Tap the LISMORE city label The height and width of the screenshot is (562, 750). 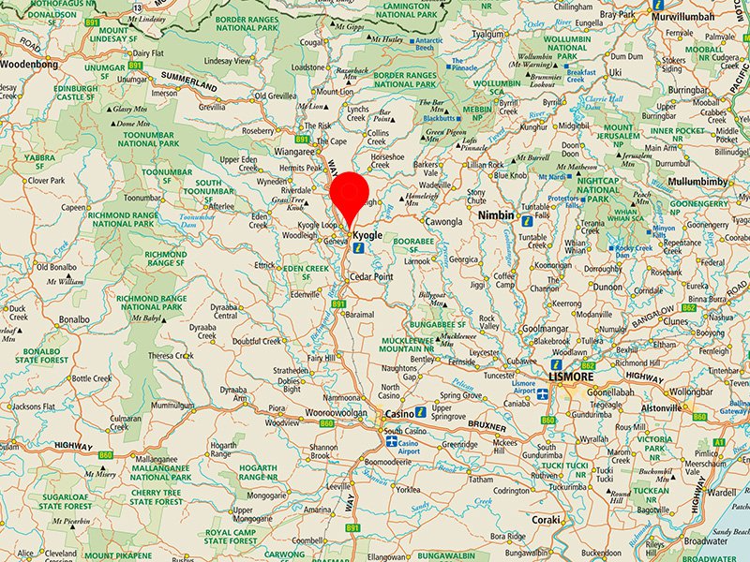pyautogui.click(x=570, y=377)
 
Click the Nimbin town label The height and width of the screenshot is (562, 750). pyautogui.click(x=496, y=215)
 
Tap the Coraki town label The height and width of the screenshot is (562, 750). pyautogui.click(x=545, y=519)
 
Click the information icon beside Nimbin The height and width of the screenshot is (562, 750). pyautogui.click(x=527, y=221)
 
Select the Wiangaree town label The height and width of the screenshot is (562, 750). pyautogui.click(x=294, y=150)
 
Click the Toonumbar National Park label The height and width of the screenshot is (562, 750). pyautogui.click(x=150, y=139)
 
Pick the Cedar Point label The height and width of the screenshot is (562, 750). pyautogui.click(x=370, y=277)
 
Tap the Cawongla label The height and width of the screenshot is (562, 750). pyautogui.click(x=443, y=222)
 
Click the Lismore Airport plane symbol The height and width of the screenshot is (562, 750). pyautogui.click(x=542, y=395)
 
